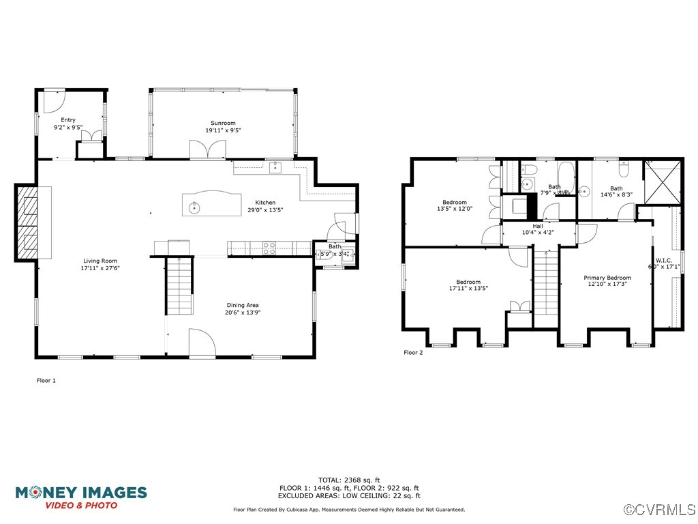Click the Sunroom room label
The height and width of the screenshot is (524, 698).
tap(223, 123)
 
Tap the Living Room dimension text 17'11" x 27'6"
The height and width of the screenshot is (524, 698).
tap(100, 268)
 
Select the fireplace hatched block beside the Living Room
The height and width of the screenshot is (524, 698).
tap(26, 222)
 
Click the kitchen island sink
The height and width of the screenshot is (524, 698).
tap(195, 207)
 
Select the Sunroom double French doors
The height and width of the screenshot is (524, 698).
tap(207, 149)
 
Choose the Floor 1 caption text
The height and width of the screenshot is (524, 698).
tap(46, 381)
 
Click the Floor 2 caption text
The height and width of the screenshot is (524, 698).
tap(413, 353)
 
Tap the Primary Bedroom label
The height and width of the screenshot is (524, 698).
tap(607, 278)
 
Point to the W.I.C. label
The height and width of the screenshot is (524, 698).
tap(664, 260)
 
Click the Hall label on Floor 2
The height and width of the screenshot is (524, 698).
tap(538, 225)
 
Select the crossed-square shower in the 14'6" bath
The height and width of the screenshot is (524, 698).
tap(662, 181)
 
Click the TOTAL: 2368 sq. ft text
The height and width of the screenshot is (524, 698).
tap(349, 480)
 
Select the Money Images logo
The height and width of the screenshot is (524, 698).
tap(81, 497)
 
